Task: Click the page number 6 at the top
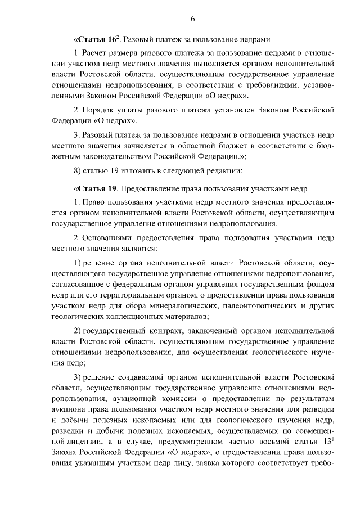coord(192,19)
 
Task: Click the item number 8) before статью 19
coord(77,170)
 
